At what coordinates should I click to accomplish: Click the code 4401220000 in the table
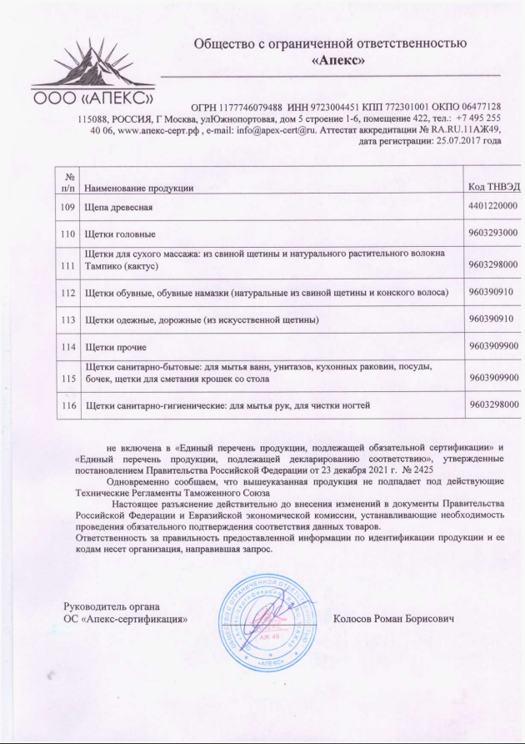(x=493, y=206)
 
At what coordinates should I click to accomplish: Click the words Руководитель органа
(x=112, y=606)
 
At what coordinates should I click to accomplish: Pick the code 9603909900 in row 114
(x=493, y=345)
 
